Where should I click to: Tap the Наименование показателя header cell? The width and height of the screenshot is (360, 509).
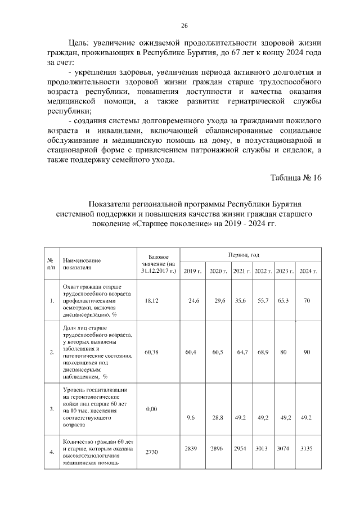pos(82,264)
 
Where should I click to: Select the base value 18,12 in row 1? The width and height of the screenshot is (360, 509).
pos(152,301)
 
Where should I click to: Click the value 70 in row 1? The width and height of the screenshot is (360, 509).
pos(307,301)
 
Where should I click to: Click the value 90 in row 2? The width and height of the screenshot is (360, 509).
pos(307,352)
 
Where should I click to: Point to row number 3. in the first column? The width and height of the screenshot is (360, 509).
pos(51,409)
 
